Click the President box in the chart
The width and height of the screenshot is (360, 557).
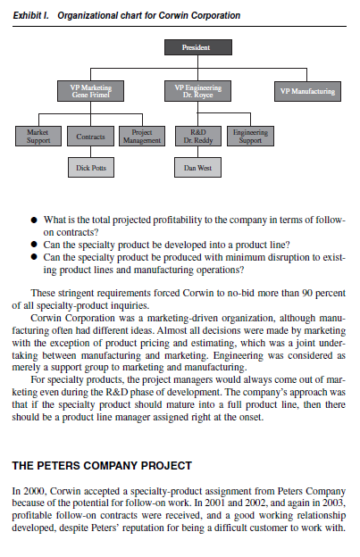pos(197,45)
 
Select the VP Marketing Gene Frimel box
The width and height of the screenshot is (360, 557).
pos(91,90)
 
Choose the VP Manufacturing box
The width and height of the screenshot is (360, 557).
pos(307,91)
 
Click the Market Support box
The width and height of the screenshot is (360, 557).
pos(38,136)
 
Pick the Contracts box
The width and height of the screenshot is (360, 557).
pos(90,137)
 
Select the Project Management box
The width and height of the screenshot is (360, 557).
pos(141,136)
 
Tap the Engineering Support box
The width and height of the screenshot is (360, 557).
pos(250,136)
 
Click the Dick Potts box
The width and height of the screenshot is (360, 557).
pos(90,168)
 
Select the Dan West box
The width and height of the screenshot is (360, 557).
pos(197,168)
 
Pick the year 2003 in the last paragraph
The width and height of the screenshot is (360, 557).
pos(331,503)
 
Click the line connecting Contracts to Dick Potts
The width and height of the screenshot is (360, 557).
pos(90,153)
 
